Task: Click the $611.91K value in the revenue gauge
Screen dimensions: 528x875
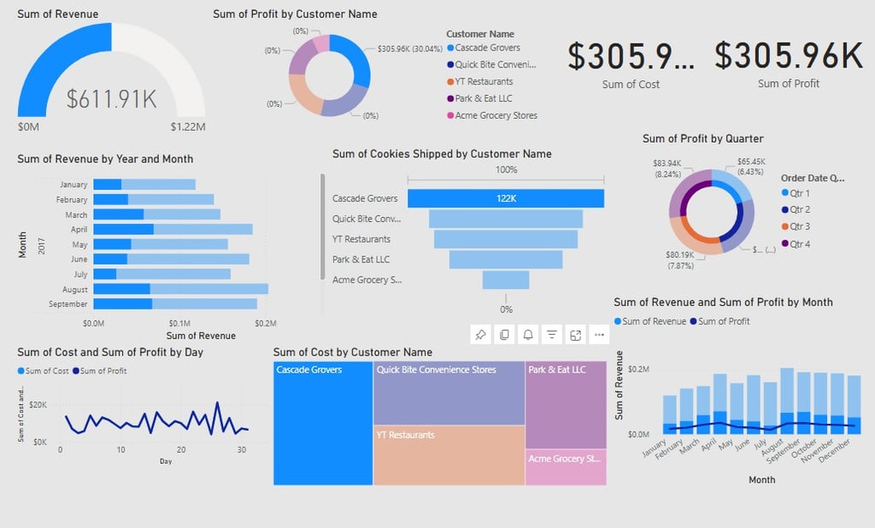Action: [112, 99]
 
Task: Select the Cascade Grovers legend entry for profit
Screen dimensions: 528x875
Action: [487, 48]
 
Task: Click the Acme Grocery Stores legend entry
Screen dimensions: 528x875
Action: [496, 115]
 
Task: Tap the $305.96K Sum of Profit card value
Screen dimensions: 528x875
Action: [788, 56]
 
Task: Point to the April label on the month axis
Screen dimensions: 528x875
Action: [79, 229]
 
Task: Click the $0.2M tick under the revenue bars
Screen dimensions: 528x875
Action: [266, 324]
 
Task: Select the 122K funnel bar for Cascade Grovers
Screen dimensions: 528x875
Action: [505, 198]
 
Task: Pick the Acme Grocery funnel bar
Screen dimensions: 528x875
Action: [506, 280]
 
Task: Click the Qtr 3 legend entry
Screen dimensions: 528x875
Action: [800, 226]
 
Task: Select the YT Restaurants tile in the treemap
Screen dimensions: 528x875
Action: [449, 455]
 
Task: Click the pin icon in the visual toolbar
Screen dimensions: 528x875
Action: [480, 335]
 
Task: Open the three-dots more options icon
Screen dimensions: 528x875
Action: [599, 335]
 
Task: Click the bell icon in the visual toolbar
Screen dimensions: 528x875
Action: [528, 335]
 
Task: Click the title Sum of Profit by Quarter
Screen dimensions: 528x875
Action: [702, 138]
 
